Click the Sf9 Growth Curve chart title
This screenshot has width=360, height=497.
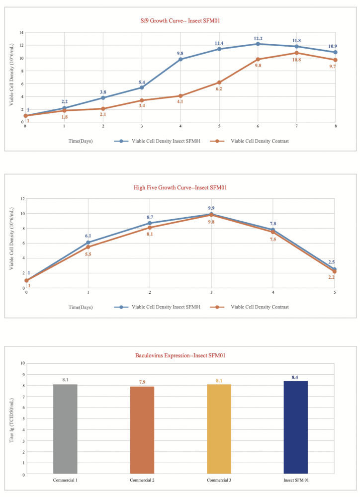point(180,21)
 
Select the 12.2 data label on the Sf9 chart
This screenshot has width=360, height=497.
point(258,38)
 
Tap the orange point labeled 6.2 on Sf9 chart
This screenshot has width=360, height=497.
point(219,83)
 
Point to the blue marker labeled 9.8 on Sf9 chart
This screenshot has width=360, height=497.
point(180,59)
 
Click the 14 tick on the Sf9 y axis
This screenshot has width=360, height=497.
point(21,32)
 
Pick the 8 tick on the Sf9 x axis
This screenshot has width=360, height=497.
point(335,126)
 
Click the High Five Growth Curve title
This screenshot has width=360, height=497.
point(180,187)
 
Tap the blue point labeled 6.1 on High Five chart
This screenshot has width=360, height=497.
point(88,243)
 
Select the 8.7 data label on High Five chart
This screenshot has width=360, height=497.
point(150,218)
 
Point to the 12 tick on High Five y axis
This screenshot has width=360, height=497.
point(21,199)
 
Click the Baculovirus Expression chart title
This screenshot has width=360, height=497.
point(180,355)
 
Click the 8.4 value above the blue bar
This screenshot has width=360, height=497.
point(295,378)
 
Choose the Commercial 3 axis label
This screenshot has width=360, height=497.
point(219,480)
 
